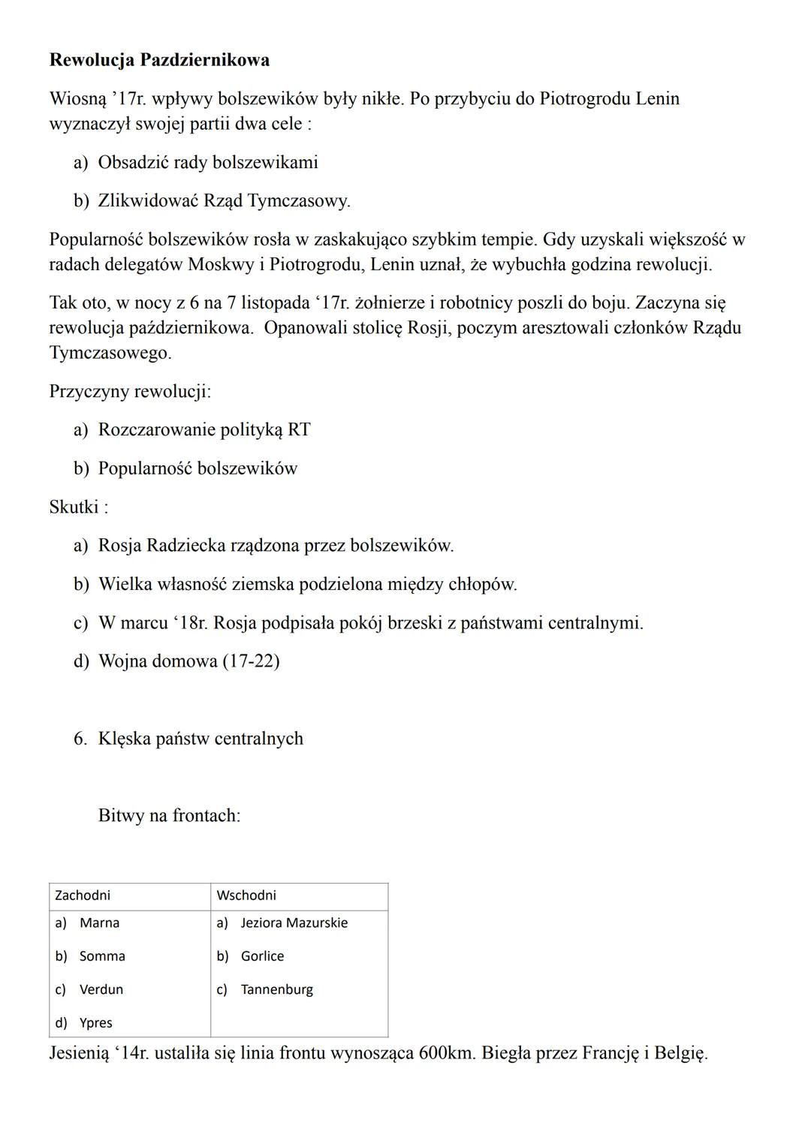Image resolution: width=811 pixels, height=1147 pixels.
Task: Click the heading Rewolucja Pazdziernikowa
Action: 159,60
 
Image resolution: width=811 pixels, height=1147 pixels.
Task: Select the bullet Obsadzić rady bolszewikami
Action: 208,162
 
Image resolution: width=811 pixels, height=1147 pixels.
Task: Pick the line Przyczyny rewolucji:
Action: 130,391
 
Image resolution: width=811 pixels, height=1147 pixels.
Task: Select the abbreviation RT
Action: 299,430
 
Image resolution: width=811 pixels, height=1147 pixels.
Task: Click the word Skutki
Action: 74,507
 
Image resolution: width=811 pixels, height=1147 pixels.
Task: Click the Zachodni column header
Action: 83,896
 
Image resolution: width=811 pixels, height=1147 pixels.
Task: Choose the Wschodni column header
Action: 246,896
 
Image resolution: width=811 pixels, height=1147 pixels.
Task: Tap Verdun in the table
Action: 101,989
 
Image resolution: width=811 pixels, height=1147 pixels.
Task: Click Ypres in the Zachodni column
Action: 96,1022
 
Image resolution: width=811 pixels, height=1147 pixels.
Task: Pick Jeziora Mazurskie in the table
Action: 294,923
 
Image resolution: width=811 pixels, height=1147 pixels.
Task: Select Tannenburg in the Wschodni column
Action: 277,989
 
